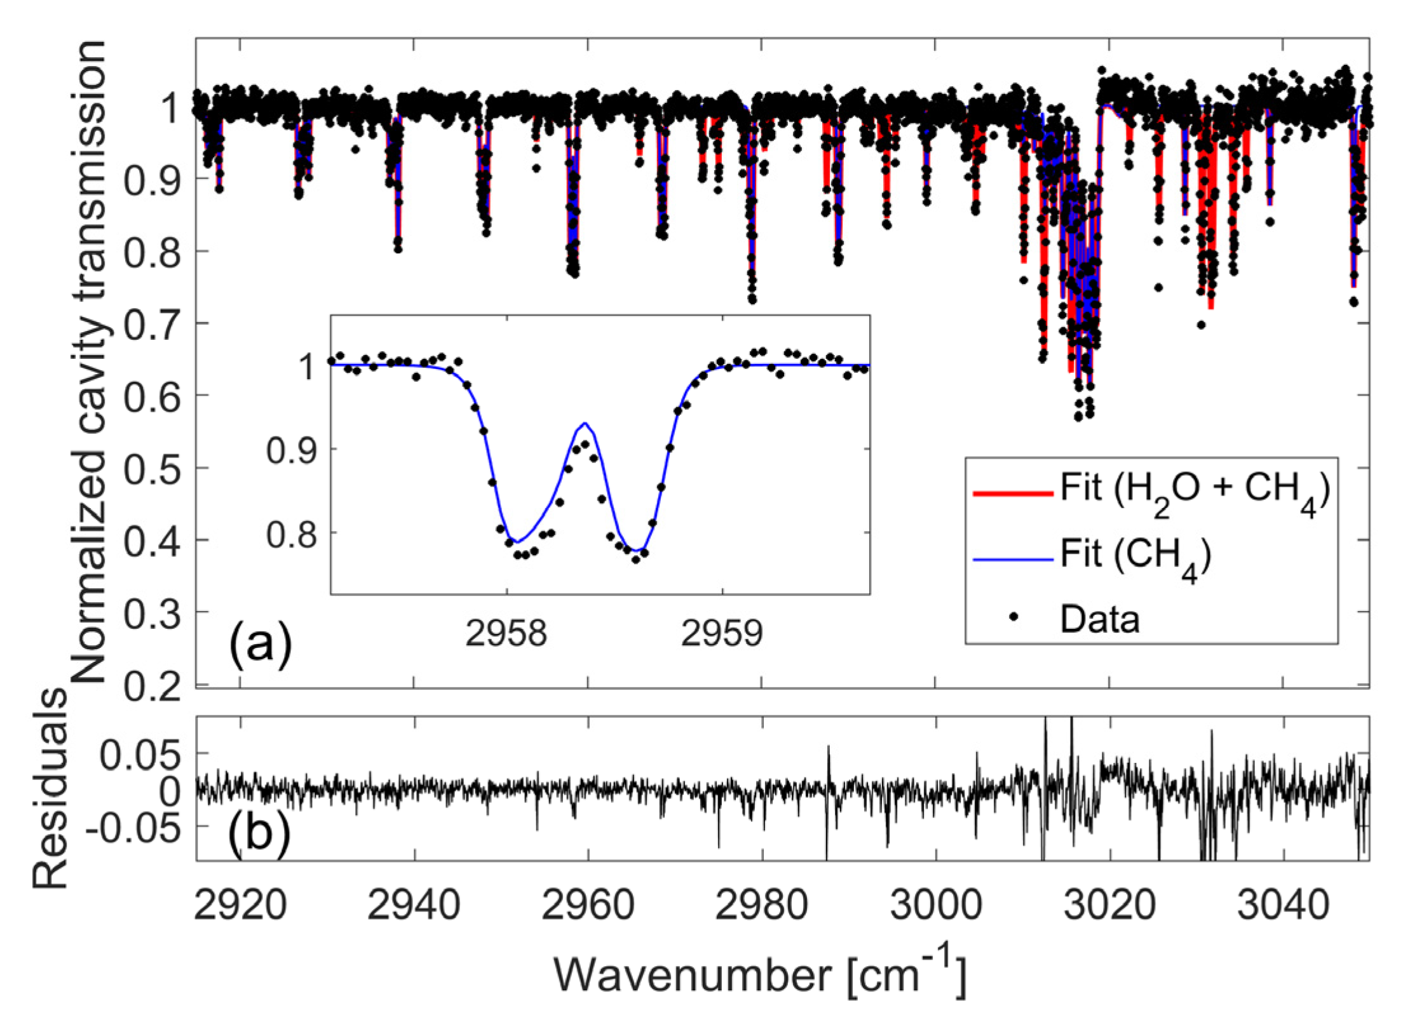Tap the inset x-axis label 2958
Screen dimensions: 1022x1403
(x=506, y=633)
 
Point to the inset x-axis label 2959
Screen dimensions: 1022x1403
(x=722, y=633)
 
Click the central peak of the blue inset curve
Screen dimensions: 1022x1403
(x=585, y=423)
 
